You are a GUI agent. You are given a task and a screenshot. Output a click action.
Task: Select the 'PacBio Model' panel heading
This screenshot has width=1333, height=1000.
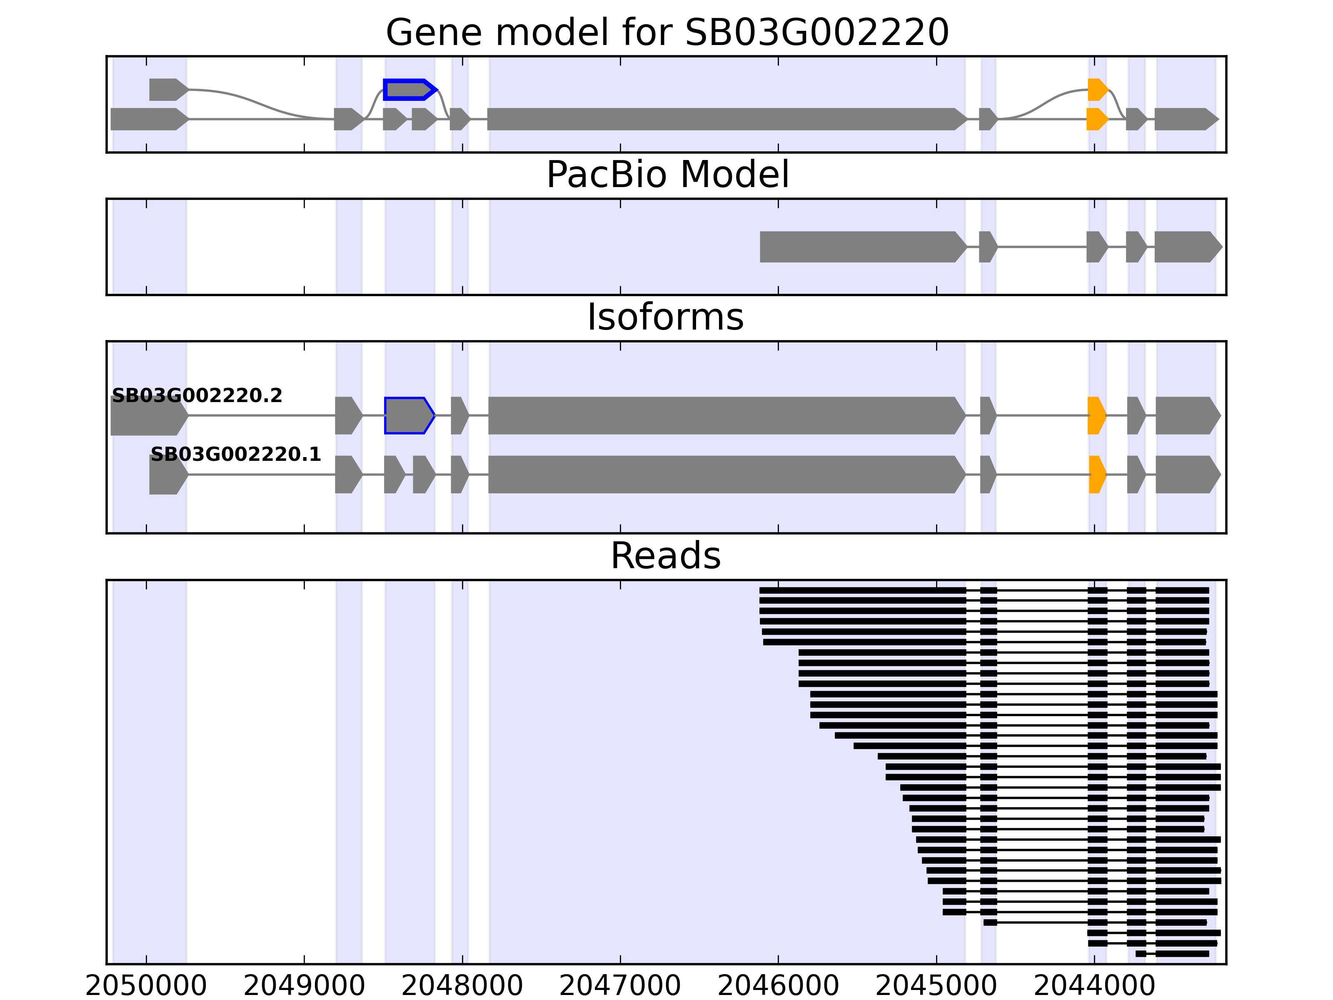click(x=666, y=175)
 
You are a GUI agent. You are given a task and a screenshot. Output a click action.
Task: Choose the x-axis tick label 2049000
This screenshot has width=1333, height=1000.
click(x=305, y=986)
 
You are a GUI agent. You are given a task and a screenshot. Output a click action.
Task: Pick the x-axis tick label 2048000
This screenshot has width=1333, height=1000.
click(x=462, y=986)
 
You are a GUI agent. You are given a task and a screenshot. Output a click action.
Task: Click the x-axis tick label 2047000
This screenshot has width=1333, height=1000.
click(x=620, y=986)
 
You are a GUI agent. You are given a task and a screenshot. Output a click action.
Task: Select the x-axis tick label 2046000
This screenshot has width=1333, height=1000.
click(x=778, y=986)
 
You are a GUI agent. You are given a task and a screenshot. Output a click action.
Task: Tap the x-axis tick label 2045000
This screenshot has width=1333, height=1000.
click(x=936, y=986)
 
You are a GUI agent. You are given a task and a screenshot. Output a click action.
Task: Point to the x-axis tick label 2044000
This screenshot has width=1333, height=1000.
click(x=1094, y=986)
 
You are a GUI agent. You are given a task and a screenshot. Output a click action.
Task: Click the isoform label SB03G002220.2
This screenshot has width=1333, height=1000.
click(x=197, y=395)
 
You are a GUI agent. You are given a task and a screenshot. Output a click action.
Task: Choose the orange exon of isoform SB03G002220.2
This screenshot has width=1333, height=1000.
click(x=1096, y=415)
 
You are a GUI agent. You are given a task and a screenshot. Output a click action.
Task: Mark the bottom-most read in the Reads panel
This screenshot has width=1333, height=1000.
click(x=1181, y=954)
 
